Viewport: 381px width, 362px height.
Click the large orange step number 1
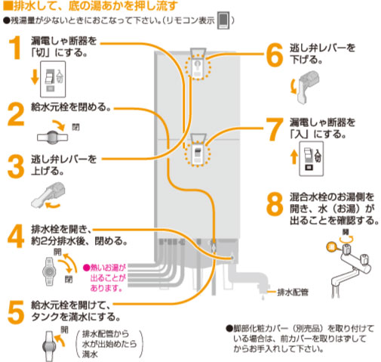(x=14, y=50)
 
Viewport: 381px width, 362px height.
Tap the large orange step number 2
(x=14, y=115)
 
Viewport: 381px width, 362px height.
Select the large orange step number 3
(x=14, y=167)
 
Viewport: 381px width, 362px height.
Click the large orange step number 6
(x=273, y=54)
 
